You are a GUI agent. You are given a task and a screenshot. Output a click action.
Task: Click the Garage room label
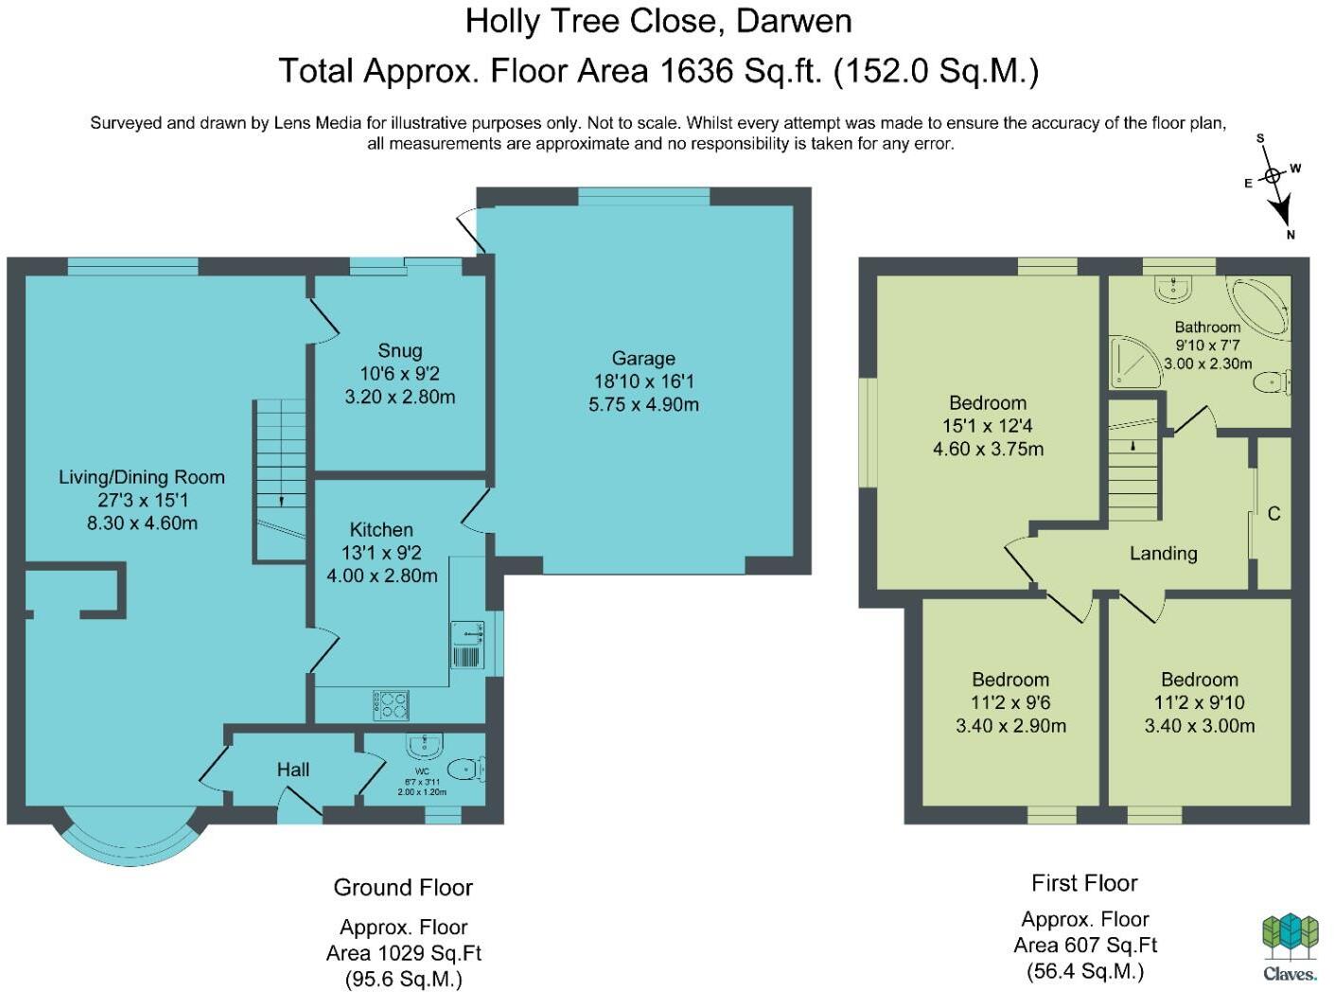[x=643, y=359]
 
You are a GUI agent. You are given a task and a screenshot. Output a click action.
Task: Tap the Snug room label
[x=399, y=351]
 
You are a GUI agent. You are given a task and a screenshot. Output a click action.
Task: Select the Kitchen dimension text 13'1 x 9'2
[x=381, y=553]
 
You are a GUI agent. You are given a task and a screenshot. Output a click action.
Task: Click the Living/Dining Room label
[x=142, y=477]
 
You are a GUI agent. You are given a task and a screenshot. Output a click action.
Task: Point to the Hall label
[x=293, y=770]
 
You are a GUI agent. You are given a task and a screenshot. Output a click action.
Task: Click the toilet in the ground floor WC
[x=465, y=769]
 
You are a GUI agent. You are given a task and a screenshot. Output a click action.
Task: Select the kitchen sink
[x=467, y=645]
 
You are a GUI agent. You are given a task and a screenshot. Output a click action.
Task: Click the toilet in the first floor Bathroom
[x=1270, y=382]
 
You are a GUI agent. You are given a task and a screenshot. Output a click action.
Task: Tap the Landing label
[x=1163, y=554]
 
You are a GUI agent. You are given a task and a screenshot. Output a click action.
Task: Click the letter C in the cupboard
[x=1273, y=514]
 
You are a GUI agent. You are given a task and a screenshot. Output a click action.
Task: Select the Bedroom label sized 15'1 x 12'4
[x=988, y=403]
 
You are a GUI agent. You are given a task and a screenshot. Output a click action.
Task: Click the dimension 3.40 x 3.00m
[x=1200, y=726]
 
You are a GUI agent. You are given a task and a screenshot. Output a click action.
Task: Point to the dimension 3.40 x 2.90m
[x=1010, y=726]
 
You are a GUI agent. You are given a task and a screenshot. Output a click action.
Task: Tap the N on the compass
[x=1290, y=235]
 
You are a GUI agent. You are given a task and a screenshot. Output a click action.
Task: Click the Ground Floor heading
[x=403, y=888]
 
